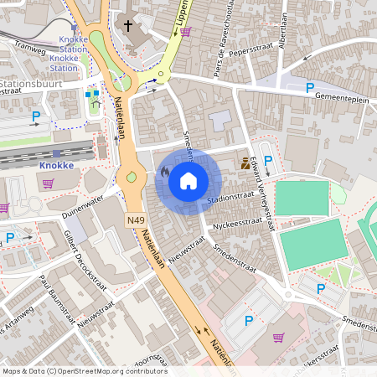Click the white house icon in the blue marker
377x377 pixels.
tap(188, 180)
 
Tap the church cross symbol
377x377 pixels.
tap(128, 25)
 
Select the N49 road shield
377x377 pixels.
tap(137, 221)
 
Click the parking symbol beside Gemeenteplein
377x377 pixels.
tap(309, 87)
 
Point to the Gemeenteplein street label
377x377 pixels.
tap(343, 97)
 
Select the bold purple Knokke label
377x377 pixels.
tap(57, 165)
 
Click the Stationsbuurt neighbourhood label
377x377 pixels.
tap(34, 85)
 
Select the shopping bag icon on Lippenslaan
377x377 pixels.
tap(185, 31)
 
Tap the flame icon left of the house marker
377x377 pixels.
tap(164, 172)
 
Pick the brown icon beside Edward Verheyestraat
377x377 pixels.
tap(245, 163)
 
